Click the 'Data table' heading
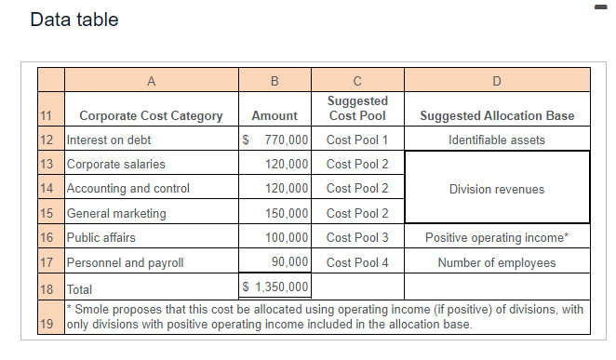click(74, 20)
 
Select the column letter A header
click(151, 80)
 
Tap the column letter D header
click(496, 80)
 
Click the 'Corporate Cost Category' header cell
click(151, 116)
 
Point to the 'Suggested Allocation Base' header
click(497, 116)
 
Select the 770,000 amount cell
click(275, 140)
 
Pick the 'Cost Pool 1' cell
click(357, 140)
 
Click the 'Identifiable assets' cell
click(497, 140)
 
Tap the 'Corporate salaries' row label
click(116, 165)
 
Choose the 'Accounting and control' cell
click(128, 189)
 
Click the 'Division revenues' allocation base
click(497, 189)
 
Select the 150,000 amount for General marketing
click(286, 213)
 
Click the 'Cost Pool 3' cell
click(357, 237)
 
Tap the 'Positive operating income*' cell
click(497, 237)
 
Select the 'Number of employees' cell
click(497, 262)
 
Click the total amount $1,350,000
click(275, 287)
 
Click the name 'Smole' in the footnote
click(92, 309)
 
